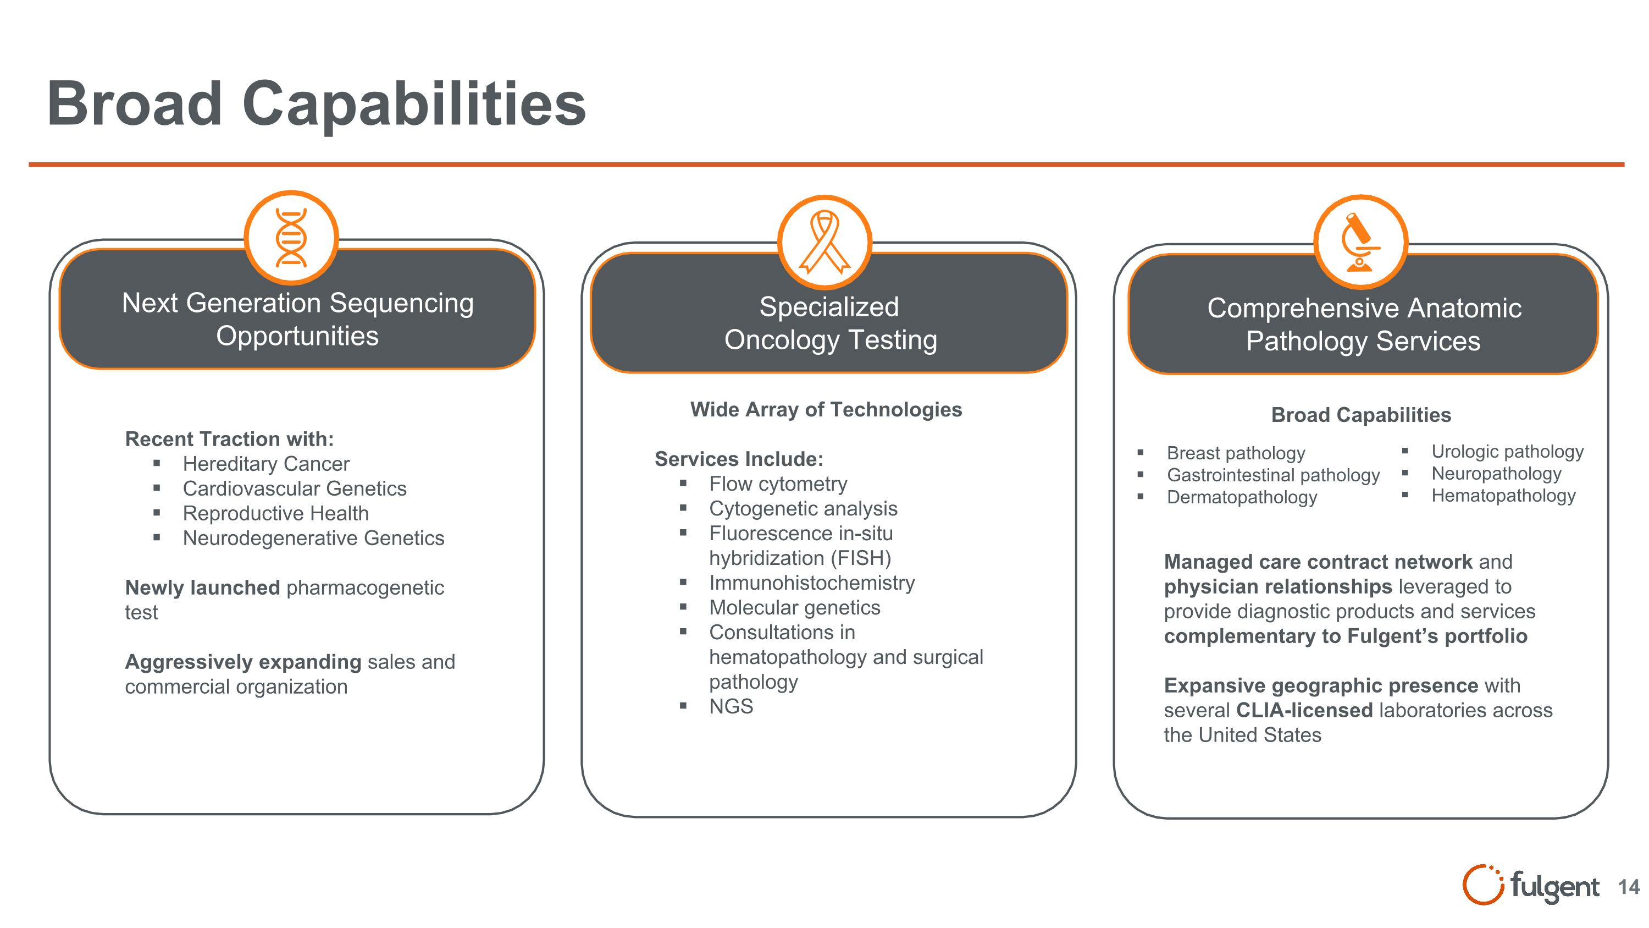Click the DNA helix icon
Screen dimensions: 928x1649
[291, 238]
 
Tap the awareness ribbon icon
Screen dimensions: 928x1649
[824, 242]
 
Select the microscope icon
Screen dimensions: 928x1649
[1360, 242]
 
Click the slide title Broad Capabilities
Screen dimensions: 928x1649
[316, 104]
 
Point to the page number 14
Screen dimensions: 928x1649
[1629, 887]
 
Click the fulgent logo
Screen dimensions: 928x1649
[1531, 886]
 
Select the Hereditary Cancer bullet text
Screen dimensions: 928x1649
[265, 464]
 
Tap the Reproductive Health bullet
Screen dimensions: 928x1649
[275, 513]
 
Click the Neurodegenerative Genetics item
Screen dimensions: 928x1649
[313, 538]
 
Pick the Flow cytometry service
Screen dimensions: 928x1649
[778, 484]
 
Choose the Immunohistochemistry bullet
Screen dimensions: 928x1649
[812, 583]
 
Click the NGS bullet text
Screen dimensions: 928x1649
[731, 706]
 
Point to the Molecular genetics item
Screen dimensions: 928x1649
[794, 607]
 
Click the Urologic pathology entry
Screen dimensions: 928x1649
[1507, 452]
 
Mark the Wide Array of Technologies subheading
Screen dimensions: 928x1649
[826, 409]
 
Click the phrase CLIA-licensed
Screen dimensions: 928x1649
[1304, 710]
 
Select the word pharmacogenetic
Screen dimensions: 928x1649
[365, 587]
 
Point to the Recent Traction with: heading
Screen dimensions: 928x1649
[229, 439]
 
